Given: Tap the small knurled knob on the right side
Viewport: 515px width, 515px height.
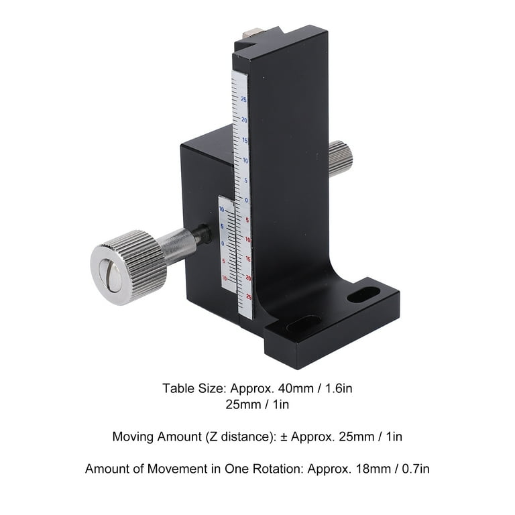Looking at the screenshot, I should pyautogui.click(x=341, y=158).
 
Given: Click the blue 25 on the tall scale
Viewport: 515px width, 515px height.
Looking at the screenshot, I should pyautogui.click(x=243, y=100).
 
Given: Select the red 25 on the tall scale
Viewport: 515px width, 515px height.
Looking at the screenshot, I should pyautogui.click(x=249, y=296).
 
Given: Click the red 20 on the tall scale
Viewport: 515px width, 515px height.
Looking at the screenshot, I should pyautogui.click(x=248, y=277).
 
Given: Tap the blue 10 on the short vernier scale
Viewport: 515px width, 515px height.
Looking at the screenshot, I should pyautogui.click(x=223, y=210).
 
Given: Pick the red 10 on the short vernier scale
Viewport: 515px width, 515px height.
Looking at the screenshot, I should pyautogui.click(x=224, y=278).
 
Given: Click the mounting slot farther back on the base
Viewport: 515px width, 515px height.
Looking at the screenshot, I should pyautogui.click(x=364, y=294).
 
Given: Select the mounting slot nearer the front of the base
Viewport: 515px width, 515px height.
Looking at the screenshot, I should pyautogui.click(x=304, y=324).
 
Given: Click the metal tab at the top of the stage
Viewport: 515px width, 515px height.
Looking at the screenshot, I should pyautogui.click(x=253, y=32).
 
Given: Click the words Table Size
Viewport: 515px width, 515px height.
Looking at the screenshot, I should pyautogui.click(x=186, y=388).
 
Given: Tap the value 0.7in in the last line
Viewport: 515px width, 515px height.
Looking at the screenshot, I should pyautogui.click(x=413, y=469).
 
